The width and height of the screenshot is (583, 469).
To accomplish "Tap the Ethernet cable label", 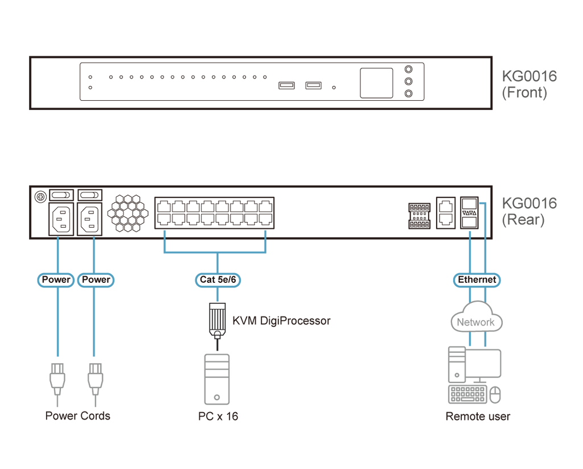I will tap(477, 279).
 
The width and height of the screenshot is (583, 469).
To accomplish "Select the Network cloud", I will tap(476, 321).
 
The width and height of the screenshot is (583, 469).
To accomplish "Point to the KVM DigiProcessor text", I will tap(281, 321).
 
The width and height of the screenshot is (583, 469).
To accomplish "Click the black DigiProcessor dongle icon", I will tap(216, 320).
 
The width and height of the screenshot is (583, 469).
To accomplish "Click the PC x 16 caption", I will tap(217, 416).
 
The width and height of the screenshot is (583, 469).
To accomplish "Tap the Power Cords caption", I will tap(78, 415).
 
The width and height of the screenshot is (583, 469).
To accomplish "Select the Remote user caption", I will tap(478, 416).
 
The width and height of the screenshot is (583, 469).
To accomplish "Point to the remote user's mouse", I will tap(495, 393).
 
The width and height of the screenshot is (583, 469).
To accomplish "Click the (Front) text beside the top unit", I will tap(524, 94).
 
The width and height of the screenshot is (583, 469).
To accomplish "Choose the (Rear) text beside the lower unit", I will tap(523, 221).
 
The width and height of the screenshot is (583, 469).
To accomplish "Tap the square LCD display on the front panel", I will tap(376, 83).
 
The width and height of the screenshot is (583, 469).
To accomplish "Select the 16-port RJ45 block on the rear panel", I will tap(214, 212).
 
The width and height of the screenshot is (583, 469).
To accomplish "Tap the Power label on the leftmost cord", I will tap(56, 279).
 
